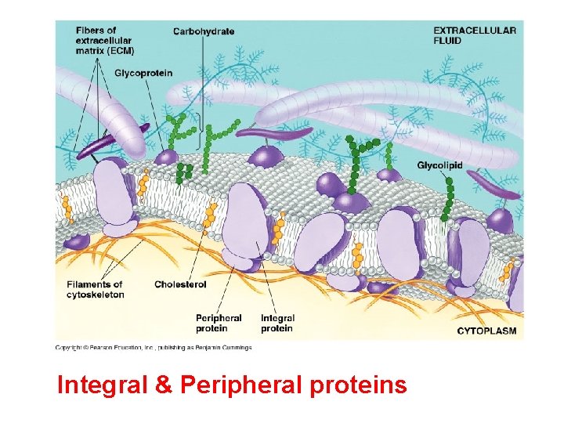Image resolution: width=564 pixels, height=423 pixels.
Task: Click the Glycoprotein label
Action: [143, 73]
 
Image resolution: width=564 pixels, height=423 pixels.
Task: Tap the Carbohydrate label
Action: [204, 31]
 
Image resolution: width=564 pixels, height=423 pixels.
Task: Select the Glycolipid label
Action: [439, 165]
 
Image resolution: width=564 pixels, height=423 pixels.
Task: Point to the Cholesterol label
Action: [180, 284]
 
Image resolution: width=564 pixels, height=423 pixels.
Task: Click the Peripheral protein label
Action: [219, 324]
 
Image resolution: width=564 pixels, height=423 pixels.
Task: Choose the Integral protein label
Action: [277, 324]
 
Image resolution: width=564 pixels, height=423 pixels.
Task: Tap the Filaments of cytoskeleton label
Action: [95, 289]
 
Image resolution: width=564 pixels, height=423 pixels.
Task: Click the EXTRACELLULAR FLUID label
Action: [475, 35]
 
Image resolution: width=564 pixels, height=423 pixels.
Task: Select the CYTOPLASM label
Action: [486, 331]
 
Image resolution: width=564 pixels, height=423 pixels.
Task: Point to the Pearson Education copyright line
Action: [153, 347]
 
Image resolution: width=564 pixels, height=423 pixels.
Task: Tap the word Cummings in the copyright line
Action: [237, 347]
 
